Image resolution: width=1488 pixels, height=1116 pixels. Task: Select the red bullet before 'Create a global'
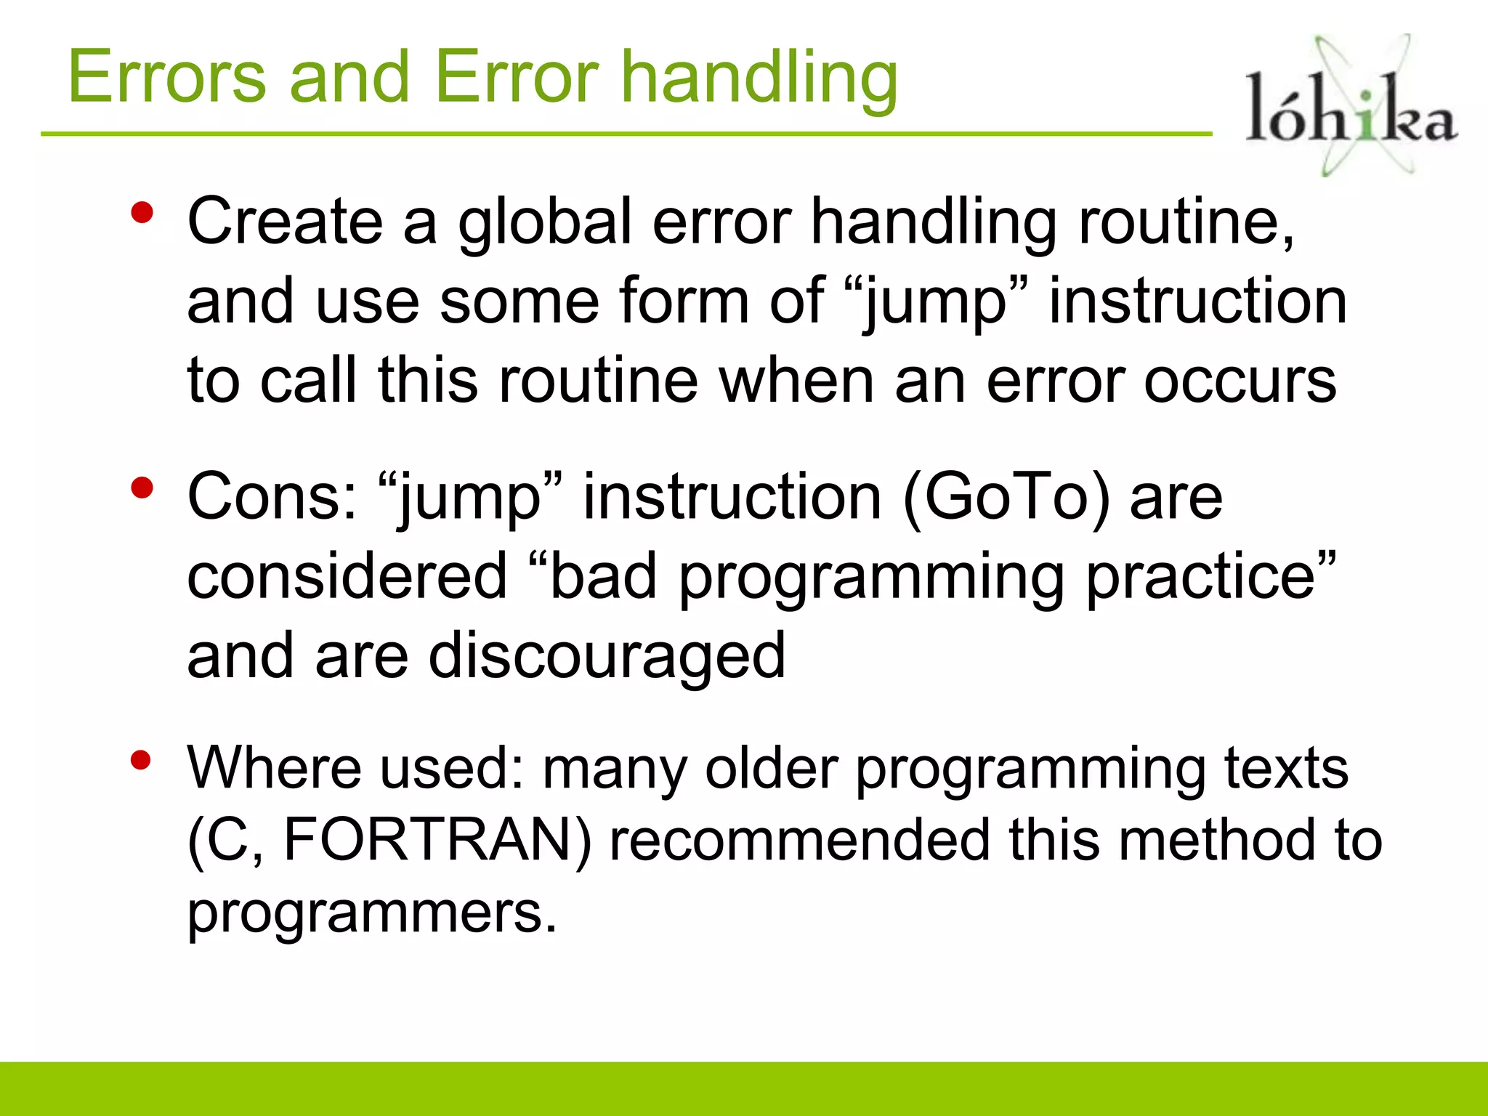pos(142,213)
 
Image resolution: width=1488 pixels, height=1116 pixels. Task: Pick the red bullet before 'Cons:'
pos(142,488)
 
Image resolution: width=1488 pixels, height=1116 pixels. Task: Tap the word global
pos(545,221)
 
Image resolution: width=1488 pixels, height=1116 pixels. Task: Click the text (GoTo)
pos(1006,497)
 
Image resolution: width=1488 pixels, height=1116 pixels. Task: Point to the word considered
pos(347,576)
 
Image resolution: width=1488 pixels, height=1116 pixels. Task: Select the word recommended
pos(798,841)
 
